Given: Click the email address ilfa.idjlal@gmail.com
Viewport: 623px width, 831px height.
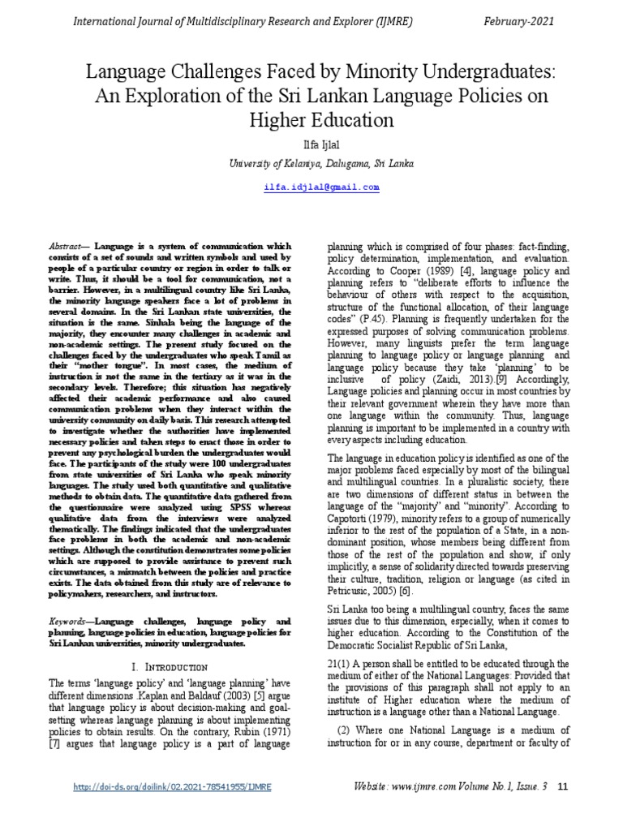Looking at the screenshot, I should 311,187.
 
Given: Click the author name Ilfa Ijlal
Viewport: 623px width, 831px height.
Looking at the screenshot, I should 311,144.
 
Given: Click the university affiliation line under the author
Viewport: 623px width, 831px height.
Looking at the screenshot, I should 311,163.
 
